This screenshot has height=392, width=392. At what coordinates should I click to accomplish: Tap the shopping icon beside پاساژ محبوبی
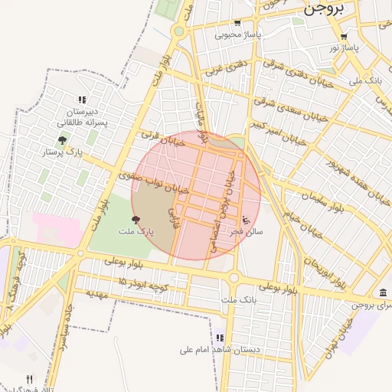pos(237,23)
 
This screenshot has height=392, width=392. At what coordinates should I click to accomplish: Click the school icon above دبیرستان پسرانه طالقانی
pos(82,100)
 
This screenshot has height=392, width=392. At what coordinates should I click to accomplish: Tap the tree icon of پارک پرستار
pos(62,140)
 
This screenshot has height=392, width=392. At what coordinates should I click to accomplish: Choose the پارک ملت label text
pos(136,230)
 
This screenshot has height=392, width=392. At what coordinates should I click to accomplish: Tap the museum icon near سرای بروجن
pos(383,292)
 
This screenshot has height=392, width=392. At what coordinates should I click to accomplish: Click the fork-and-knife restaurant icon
pos(30,378)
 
